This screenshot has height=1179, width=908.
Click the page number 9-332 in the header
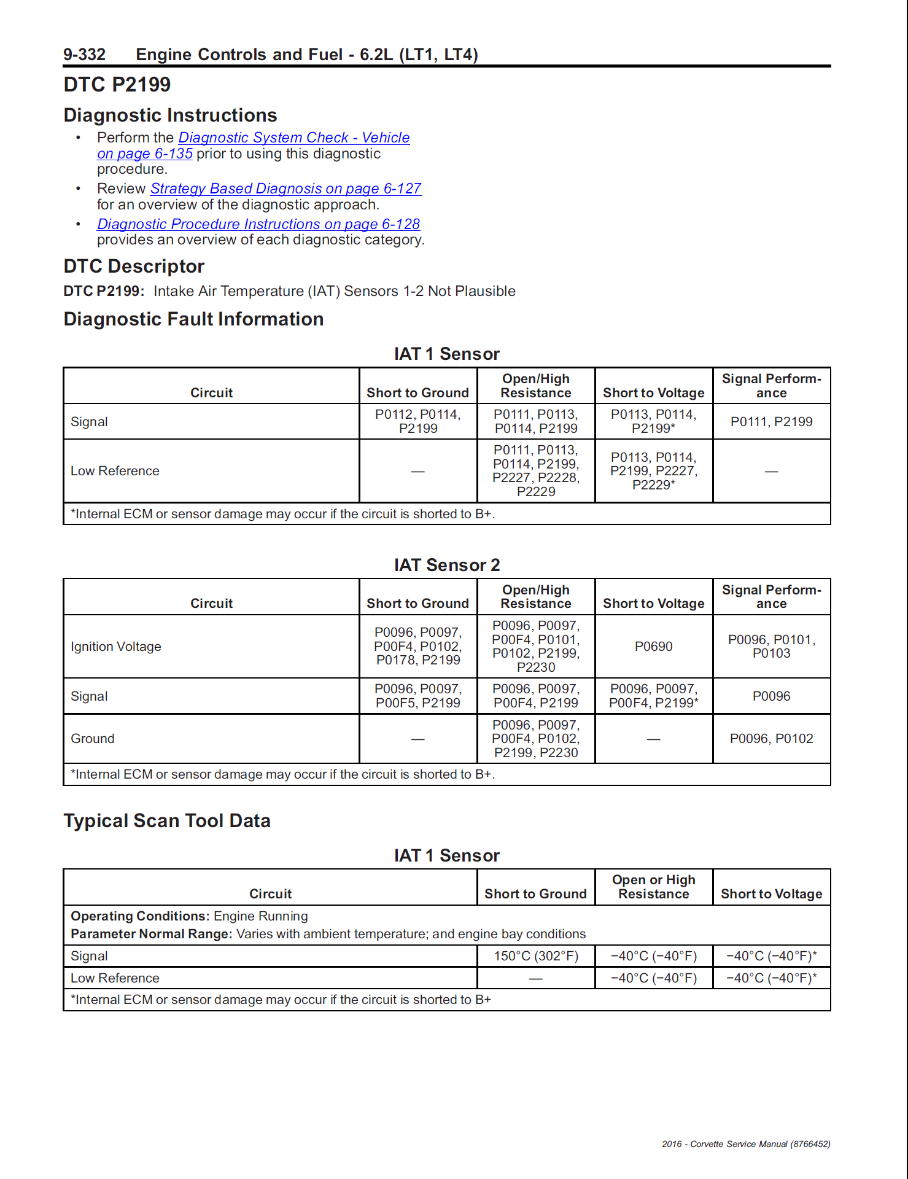pos(84,55)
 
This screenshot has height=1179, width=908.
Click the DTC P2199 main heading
pos(117,85)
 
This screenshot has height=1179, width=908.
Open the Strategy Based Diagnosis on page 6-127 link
pos(285,189)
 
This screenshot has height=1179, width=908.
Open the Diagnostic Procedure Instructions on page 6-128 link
pos(258,224)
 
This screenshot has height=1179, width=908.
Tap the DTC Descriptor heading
pos(134,267)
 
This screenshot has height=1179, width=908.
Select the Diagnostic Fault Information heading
pos(193,319)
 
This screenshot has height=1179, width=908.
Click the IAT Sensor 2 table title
pos(447,565)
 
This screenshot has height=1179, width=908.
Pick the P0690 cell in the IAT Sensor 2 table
pos(653,647)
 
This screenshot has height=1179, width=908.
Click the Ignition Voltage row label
pos(116,647)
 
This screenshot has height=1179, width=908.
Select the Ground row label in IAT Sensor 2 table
pos(93,739)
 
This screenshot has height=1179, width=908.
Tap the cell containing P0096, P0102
pos(771,739)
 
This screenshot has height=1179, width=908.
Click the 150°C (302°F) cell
pos(536,956)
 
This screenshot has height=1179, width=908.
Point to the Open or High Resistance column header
pos(653,887)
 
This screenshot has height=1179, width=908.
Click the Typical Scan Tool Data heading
pos(167,821)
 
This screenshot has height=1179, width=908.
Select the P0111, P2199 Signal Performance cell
pos(771,422)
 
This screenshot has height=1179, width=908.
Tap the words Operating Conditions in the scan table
pos(140,916)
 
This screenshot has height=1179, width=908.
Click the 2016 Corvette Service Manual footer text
pos(745,1144)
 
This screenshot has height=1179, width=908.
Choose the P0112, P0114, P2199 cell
pos(418,422)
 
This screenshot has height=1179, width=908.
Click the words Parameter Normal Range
pos(151,934)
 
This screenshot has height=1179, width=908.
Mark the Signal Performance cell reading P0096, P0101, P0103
pos(771,647)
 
